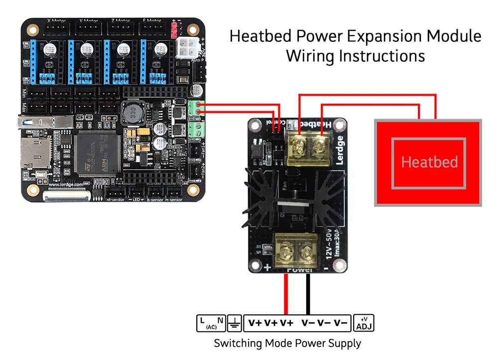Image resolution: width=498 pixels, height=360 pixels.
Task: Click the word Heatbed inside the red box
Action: pyautogui.click(x=429, y=162)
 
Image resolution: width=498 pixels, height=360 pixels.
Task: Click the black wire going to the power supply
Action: pyautogui.click(x=308, y=293)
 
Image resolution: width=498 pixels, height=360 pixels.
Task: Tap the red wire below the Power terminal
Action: pyautogui.click(x=286, y=293)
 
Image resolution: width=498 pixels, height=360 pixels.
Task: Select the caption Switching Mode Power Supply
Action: pyautogui.click(x=287, y=343)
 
